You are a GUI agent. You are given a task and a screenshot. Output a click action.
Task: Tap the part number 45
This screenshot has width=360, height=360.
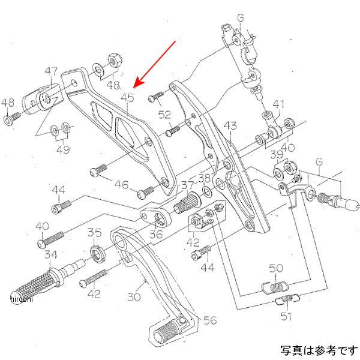[x=127, y=96]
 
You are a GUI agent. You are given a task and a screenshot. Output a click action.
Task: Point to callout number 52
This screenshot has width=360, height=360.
[x=164, y=114]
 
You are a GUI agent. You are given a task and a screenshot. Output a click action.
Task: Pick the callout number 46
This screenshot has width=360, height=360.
[x=122, y=185]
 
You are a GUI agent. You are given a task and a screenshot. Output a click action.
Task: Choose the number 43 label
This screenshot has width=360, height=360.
[x=230, y=125]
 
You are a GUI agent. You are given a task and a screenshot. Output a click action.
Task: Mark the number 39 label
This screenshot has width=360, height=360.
[x=275, y=155]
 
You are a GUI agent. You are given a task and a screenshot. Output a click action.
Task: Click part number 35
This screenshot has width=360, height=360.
[x=95, y=232]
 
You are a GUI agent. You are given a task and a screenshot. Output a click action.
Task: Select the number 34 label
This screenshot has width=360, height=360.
[x=50, y=254]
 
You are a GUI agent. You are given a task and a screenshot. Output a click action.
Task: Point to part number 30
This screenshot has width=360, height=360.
[x=133, y=296]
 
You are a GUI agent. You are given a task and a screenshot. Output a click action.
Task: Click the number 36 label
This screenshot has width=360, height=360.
[x=156, y=233]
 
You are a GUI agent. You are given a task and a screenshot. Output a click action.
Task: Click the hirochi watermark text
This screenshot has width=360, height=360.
[x=20, y=299]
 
